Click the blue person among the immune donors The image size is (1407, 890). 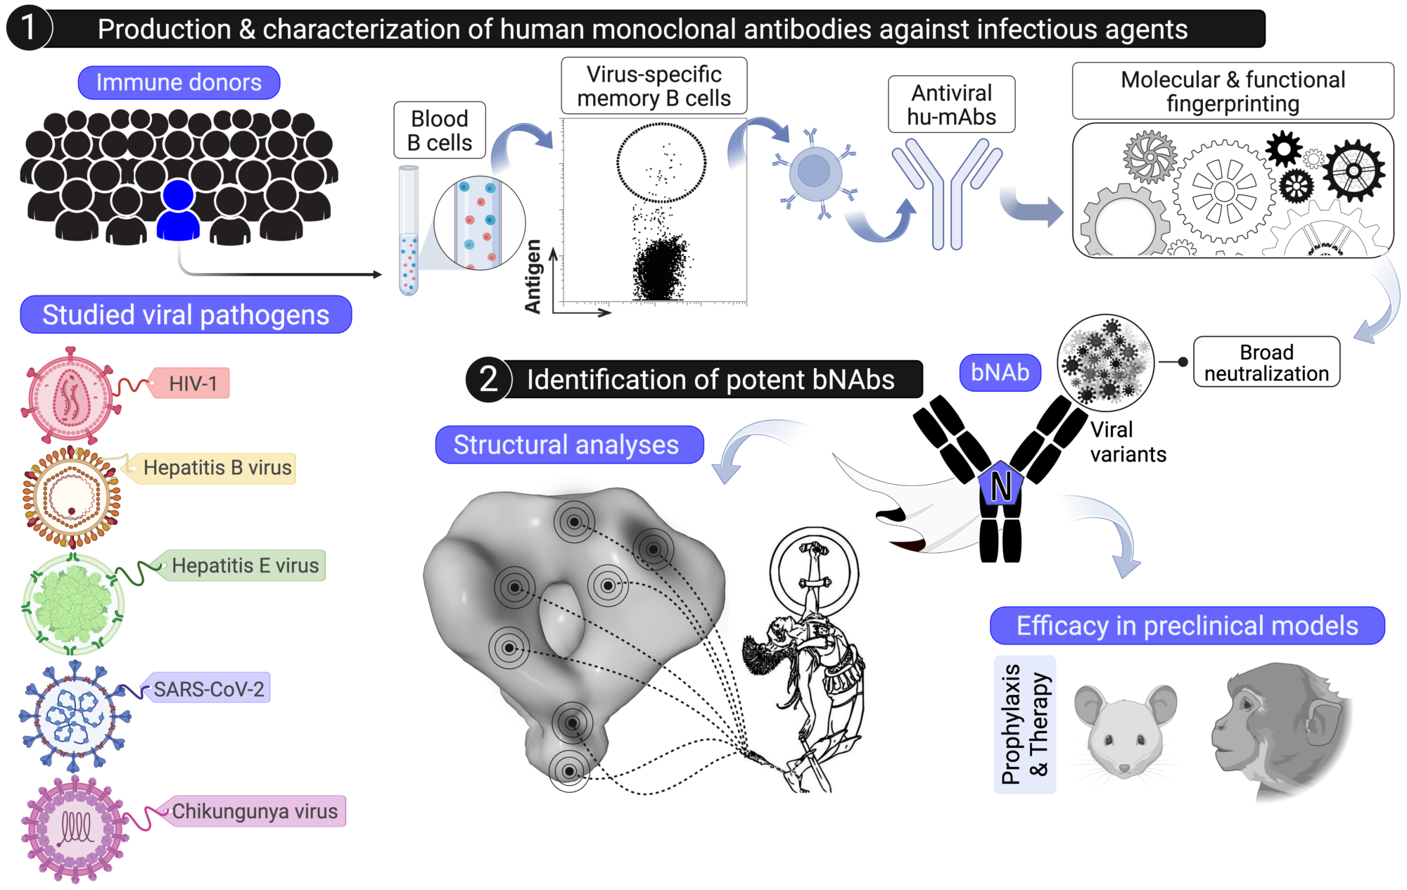coord(178,211)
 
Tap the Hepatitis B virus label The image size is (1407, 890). coord(217,468)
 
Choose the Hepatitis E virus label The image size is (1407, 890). coord(245,566)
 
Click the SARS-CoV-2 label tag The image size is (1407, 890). coord(209,689)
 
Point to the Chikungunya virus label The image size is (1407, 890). coord(255,811)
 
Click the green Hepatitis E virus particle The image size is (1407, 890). coord(73,604)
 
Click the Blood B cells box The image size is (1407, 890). coord(440,130)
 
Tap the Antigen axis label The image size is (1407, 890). coord(533,276)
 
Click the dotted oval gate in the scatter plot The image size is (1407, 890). coord(661,163)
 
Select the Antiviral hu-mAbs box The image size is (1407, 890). coord(951,105)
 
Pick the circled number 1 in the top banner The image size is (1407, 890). coord(29,29)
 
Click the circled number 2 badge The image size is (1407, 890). coord(488,380)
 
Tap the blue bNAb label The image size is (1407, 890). coord(1000,372)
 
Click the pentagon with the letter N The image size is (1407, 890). coord(1000,485)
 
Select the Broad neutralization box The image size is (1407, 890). coord(1266,362)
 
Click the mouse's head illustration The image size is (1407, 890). coord(1125,732)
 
